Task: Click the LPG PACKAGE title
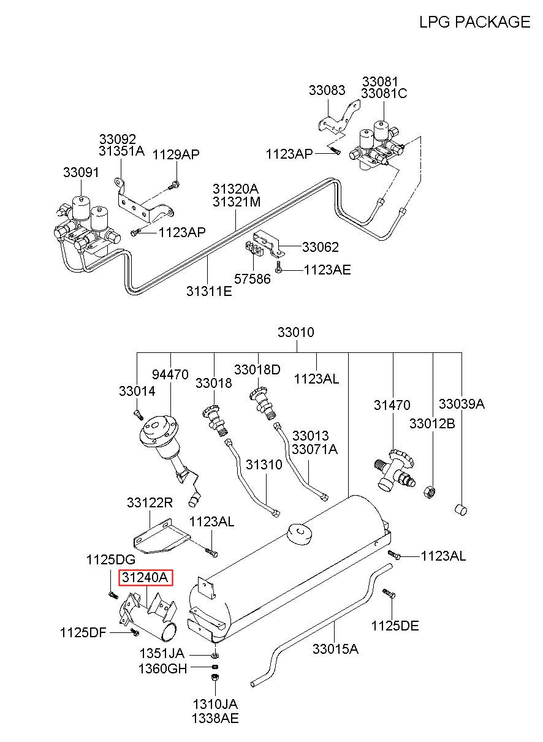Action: [x=474, y=22]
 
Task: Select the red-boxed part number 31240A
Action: [x=145, y=577]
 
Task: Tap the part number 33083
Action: [x=327, y=90]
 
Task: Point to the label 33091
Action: [x=81, y=172]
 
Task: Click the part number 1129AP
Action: [x=176, y=154]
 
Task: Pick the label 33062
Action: [x=321, y=247]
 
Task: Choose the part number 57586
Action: [x=253, y=279]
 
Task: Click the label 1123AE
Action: [x=327, y=270]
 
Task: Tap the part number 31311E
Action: [x=209, y=291]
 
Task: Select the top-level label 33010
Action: [x=296, y=332]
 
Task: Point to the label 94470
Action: [x=170, y=374]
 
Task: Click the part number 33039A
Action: [x=462, y=404]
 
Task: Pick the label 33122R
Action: [x=150, y=503]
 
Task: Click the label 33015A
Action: [x=336, y=649]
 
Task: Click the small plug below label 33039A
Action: [x=461, y=509]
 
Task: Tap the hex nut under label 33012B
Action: [x=430, y=491]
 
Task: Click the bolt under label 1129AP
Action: [x=174, y=185]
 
